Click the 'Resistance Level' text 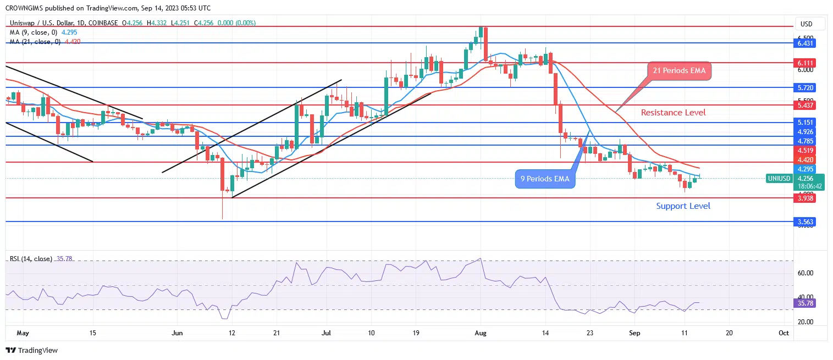(673, 113)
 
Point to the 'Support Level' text (683, 206)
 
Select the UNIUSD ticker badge (780, 178)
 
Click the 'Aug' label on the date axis (481, 333)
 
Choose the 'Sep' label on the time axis (635, 333)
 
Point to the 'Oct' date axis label (784, 333)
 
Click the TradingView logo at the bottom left (31, 350)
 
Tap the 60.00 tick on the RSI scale (806, 273)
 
